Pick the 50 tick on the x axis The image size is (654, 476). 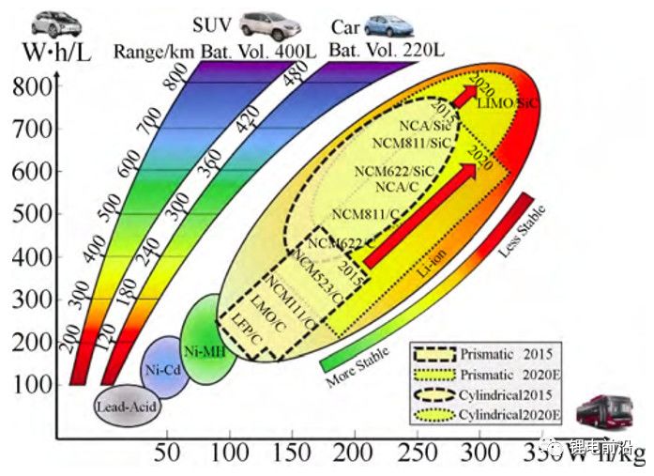pos(167,452)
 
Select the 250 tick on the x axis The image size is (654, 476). pos(418,452)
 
